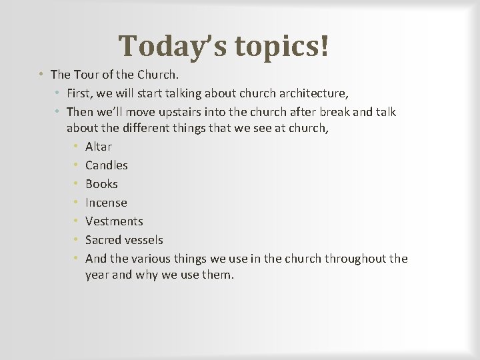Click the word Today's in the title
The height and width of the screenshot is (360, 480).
[171, 46]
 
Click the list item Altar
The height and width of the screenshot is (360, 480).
[99, 147]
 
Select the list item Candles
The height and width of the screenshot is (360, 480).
[107, 165]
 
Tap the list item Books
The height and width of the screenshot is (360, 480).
[101, 184]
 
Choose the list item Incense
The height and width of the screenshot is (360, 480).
[106, 203]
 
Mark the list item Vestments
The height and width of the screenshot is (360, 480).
[114, 221]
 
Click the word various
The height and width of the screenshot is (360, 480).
[151, 259]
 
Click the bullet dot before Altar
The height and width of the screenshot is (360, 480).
[77, 147]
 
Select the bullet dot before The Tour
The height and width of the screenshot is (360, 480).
[41, 74]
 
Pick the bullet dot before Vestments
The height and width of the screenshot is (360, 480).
[77, 221]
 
